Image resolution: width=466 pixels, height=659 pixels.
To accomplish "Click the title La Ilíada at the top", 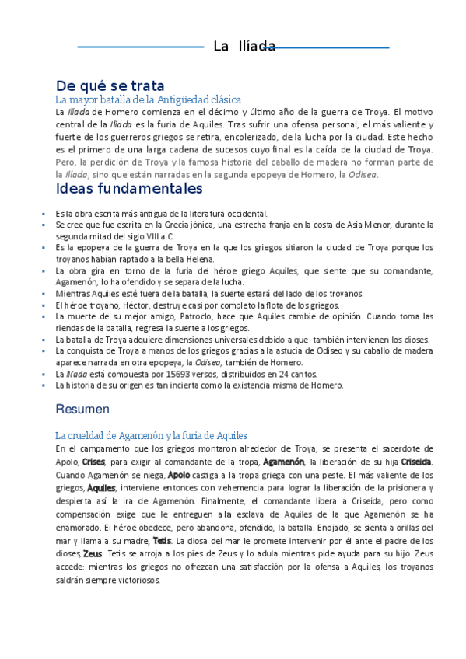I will pyautogui.click(x=244, y=47).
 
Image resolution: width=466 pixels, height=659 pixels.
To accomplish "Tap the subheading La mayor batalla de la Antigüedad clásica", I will pyautogui.click(x=148, y=100).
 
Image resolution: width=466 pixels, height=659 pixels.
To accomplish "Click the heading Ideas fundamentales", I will pyautogui.click(x=129, y=189).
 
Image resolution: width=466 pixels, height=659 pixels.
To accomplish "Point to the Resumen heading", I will pyautogui.click(x=82, y=408).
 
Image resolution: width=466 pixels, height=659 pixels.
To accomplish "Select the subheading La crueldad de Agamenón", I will pyautogui.click(x=151, y=435).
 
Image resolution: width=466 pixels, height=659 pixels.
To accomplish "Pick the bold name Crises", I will pyautogui.click(x=93, y=462).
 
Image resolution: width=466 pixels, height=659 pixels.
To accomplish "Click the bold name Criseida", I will pyautogui.click(x=415, y=462).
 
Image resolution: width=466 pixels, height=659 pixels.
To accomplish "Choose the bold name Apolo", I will pyautogui.click(x=179, y=474).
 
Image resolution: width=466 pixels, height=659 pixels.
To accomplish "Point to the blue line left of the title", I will pyautogui.click(x=140, y=47).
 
